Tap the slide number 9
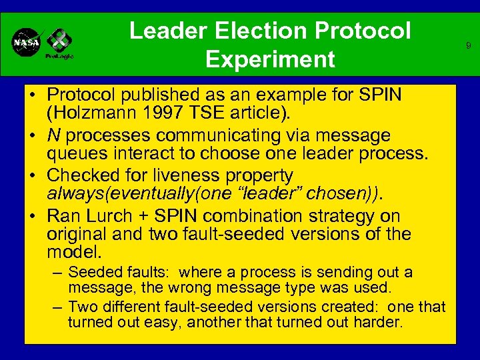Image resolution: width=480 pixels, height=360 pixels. pyautogui.click(x=468, y=46)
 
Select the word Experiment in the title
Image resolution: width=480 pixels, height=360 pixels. pyautogui.click(x=270, y=60)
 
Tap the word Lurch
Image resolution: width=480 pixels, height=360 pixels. pyautogui.click(x=111, y=216)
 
